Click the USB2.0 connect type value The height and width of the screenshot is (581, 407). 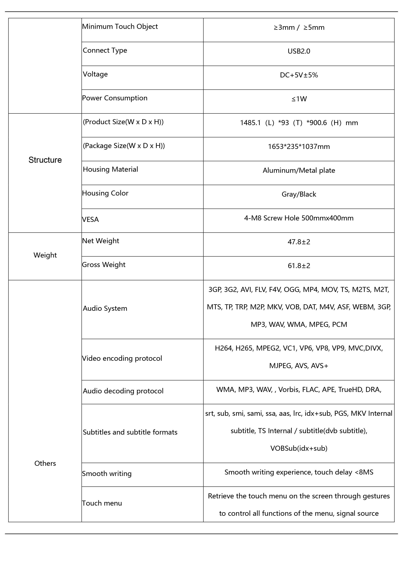click(x=299, y=51)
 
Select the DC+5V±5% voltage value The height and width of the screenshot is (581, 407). click(x=299, y=75)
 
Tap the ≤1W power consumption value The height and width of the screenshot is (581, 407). click(x=299, y=99)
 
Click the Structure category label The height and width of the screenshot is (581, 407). click(x=45, y=160)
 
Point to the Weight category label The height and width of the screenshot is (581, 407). click(x=45, y=255)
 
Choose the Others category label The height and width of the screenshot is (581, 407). click(x=45, y=463)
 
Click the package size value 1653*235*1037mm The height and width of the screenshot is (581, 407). click(x=299, y=147)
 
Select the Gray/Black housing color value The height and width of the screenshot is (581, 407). click(x=299, y=194)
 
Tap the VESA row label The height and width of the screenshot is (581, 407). click(x=90, y=219)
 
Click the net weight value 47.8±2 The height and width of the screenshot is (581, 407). click(x=299, y=242)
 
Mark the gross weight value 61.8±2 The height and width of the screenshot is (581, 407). click(x=299, y=266)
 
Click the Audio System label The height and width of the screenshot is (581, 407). click(x=105, y=308)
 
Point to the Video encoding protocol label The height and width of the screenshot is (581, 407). click(x=122, y=358)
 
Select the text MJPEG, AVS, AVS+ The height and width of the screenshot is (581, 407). click(x=299, y=366)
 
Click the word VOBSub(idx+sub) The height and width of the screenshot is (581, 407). click(x=299, y=448)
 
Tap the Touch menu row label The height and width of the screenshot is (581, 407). click(x=102, y=503)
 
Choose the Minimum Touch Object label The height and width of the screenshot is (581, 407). click(x=120, y=27)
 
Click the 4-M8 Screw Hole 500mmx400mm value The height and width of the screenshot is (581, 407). click(x=299, y=218)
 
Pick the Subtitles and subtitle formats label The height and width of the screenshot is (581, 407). click(x=130, y=432)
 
